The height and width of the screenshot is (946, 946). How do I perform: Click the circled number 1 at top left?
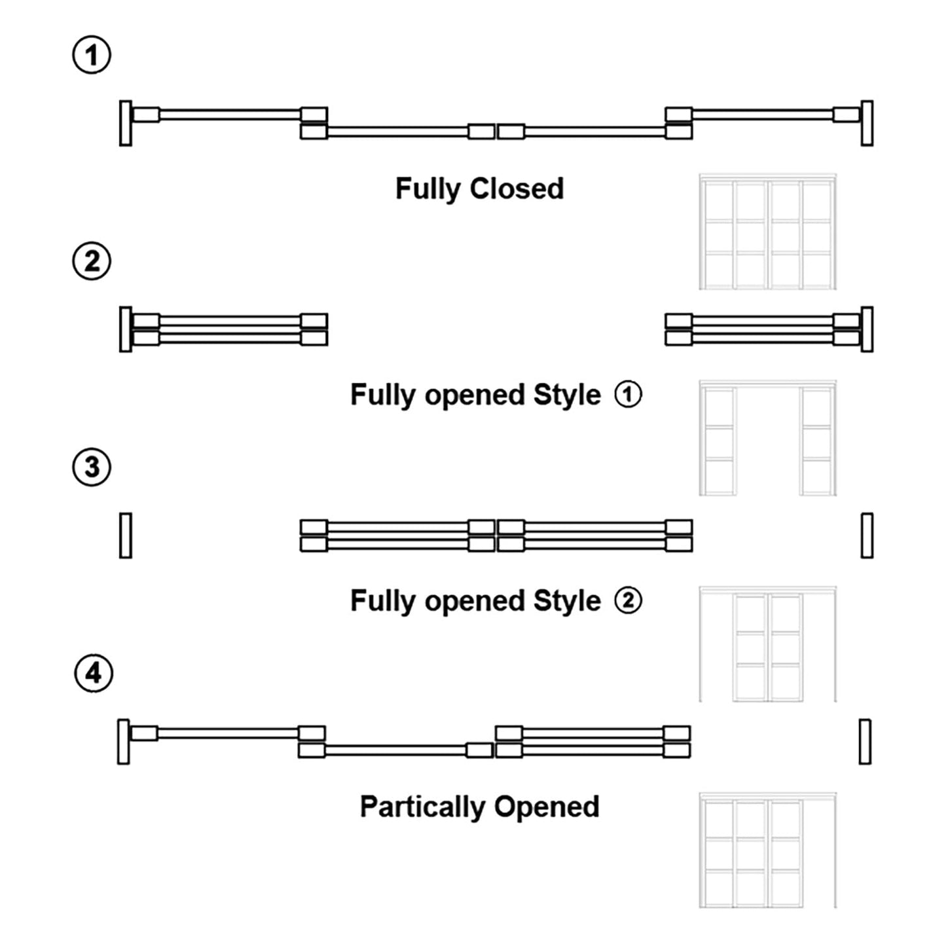coord(92,55)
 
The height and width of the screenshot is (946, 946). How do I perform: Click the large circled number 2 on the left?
coord(92,261)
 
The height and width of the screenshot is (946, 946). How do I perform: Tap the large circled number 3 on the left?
coord(92,467)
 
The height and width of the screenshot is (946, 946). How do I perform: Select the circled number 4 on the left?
coord(94,674)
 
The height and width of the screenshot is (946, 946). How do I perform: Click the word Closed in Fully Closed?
coord(517,189)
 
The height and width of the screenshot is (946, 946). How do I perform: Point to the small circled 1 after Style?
coord(628,395)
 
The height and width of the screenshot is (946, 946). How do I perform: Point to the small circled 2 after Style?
coord(628,601)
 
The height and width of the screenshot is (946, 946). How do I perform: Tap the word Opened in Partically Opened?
coord(547,807)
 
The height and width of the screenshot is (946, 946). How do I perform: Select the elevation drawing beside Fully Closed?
coord(767,232)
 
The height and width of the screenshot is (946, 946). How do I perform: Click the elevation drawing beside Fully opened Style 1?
coord(767,438)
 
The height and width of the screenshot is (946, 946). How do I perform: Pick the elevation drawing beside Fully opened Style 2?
coord(767,644)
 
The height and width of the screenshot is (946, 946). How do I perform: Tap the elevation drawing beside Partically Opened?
coord(767,850)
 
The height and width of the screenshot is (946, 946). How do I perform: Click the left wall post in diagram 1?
coord(126,123)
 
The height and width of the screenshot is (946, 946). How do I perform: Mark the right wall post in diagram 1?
coord(867,123)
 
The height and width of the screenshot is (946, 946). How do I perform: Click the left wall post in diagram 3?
coord(126,536)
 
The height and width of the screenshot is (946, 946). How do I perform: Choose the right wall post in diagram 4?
coord(865,742)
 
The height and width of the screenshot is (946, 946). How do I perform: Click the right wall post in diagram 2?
coord(867,329)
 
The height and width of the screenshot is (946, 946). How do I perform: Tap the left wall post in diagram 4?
coord(123,742)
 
